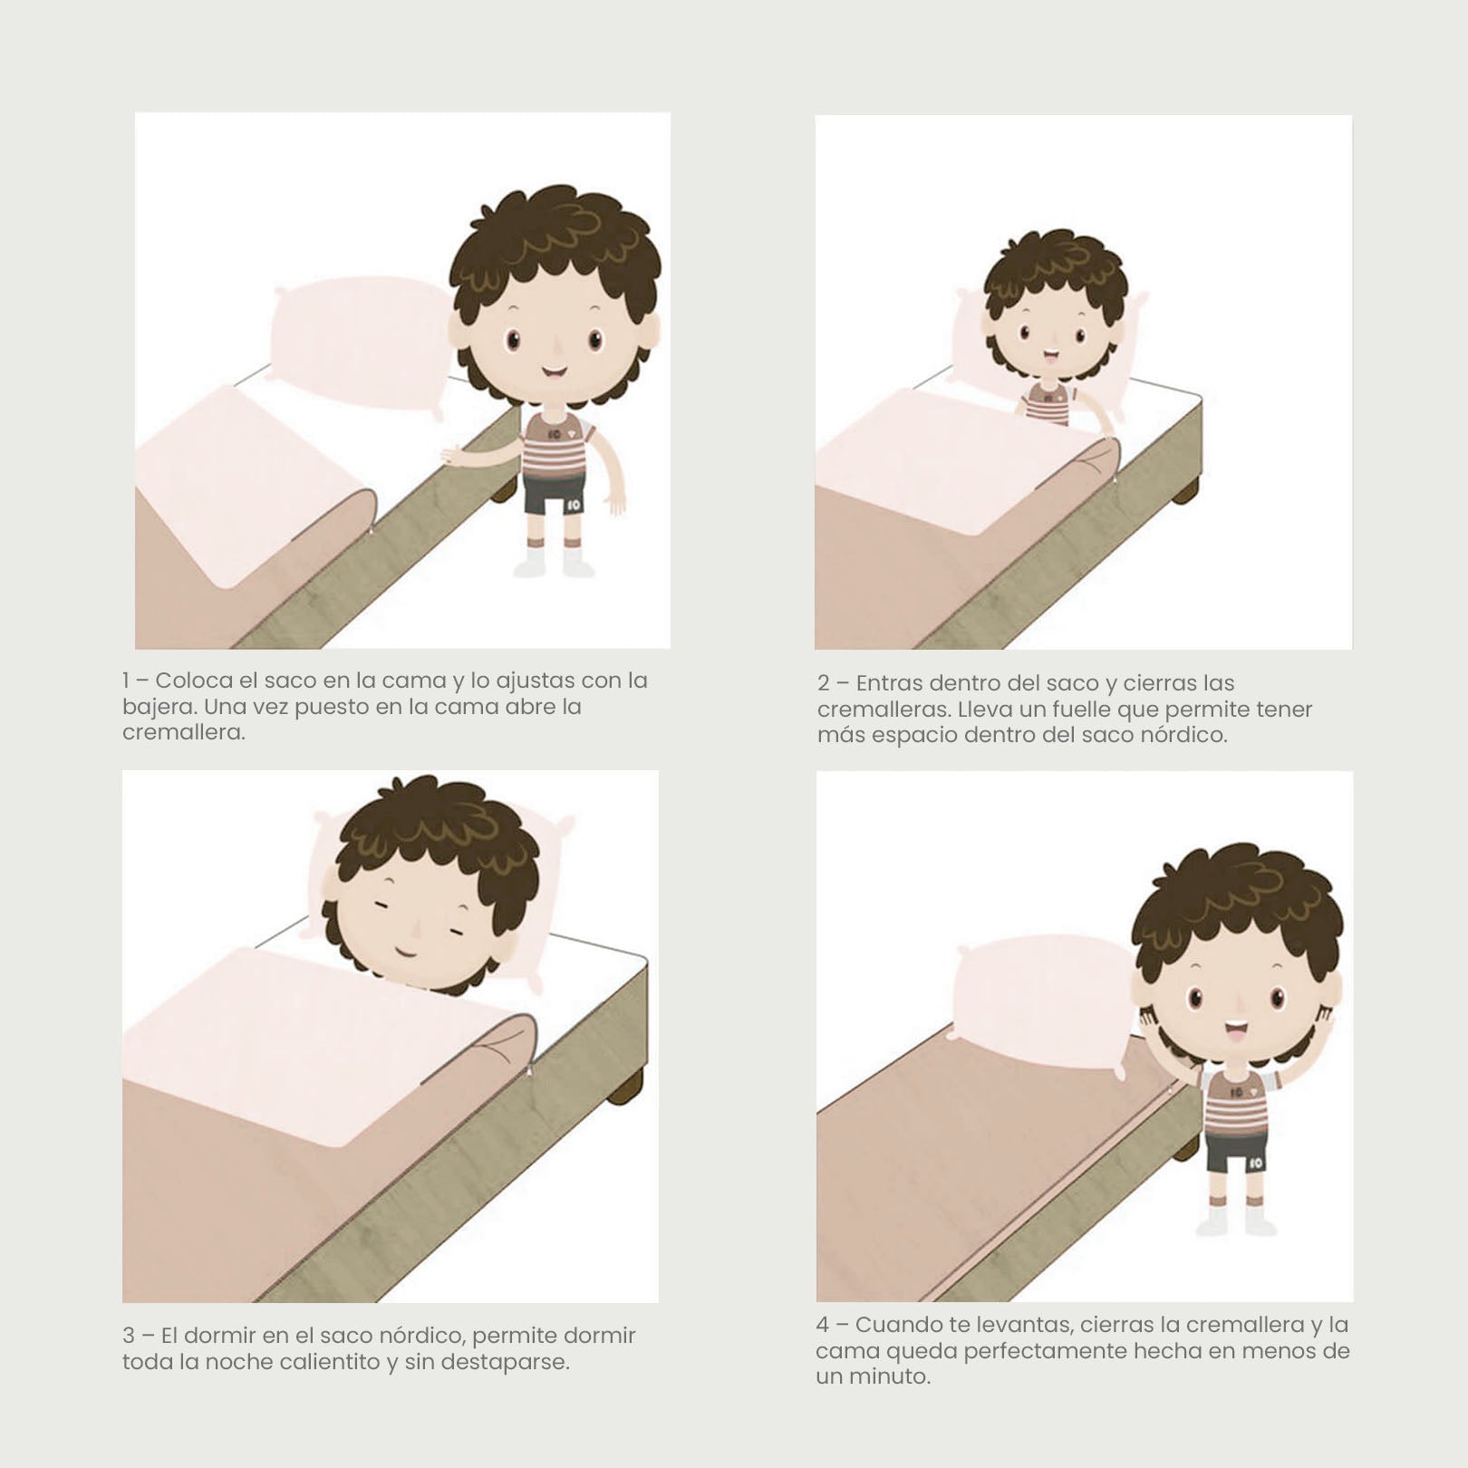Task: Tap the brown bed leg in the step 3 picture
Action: pyautogui.click(x=625, y=1086)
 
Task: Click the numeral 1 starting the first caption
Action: pyautogui.click(x=126, y=681)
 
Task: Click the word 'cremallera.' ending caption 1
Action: pyautogui.click(x=184, y=732)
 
